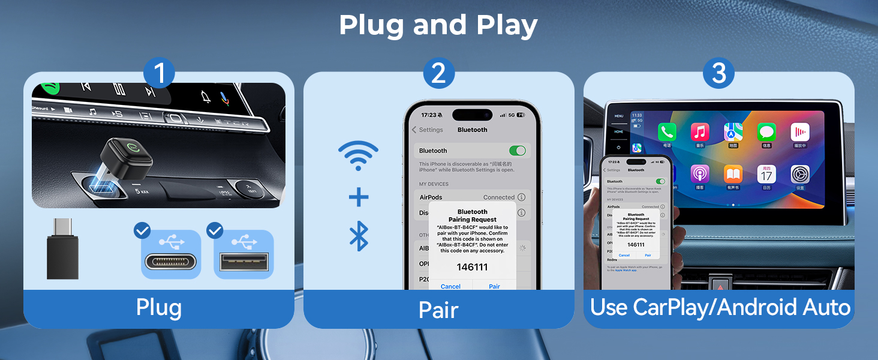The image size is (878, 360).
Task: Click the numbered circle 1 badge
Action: pos(159,74)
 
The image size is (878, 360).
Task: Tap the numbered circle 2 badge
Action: pos(438,74)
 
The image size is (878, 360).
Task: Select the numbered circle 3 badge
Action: pos(718,74)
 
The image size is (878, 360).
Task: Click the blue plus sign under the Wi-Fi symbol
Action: pos(358,197)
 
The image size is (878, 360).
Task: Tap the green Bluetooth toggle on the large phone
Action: pos(516,151)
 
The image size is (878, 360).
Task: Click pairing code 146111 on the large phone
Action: pos(473,267)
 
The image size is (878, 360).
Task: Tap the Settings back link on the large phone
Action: pos(428,130)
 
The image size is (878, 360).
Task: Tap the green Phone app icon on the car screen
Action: pos(667,132)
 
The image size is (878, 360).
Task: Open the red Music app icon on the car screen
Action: pos(700,132)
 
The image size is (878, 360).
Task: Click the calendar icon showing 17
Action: pos(766,175)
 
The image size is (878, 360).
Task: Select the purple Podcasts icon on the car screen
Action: pos(700,175)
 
